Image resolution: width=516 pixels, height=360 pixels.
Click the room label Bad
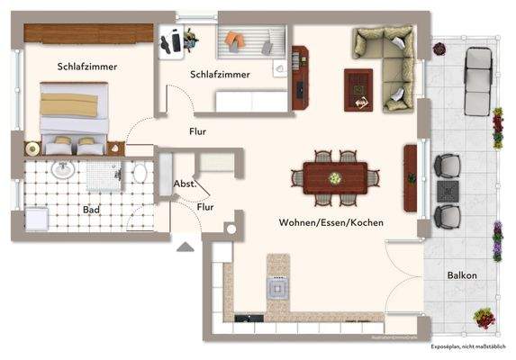pyautogui.click(x=91, y=210)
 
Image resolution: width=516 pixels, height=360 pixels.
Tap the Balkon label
pyautogui.click(x=462, y=275)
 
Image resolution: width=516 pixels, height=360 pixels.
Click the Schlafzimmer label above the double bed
pyautogui.click(x=87, y=67)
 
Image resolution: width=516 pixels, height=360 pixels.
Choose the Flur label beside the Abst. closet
pyautogui.click(x=205, y=207)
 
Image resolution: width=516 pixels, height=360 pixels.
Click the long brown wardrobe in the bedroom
pyautogui.click(x=87, y=31)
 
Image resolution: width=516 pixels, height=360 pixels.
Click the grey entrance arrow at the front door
pyautogui.click(x=186, y=245)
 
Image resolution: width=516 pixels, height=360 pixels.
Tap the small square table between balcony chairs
pyautogui.click(x=448, y=191)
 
